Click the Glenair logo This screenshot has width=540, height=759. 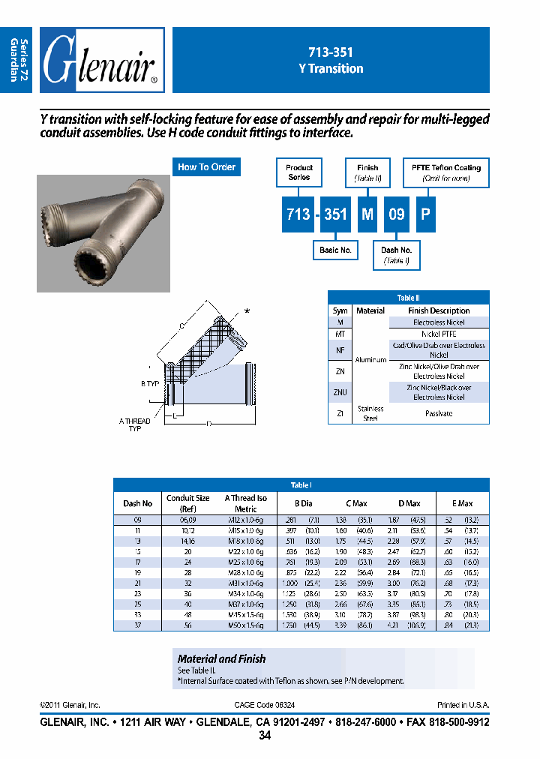click(102, 60)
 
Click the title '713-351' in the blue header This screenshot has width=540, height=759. click(330, 52)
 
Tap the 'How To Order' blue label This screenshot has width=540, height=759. click(207, 167)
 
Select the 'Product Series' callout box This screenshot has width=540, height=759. click(299, 172)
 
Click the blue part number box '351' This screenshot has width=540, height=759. click(334, 214)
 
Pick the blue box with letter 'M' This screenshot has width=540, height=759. click(367, 214)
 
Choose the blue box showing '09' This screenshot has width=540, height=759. click(396, 214)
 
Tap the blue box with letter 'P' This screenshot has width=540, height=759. click(424, 214)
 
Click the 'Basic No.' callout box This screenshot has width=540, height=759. click(334, 250)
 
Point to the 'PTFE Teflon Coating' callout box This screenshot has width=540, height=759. click(446, 172)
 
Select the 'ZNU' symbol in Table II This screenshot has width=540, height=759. click(340, 392)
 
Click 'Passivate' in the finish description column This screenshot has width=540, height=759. click(439, 413)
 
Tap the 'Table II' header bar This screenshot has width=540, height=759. click(408, 297)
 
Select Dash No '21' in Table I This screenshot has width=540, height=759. click(137, 583)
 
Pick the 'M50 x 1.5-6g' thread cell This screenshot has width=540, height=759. click(245, 625)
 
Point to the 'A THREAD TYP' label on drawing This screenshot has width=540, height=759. click(135, 424)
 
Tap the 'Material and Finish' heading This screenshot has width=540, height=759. click(221, 658)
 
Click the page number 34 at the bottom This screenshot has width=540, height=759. click(265, 736)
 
